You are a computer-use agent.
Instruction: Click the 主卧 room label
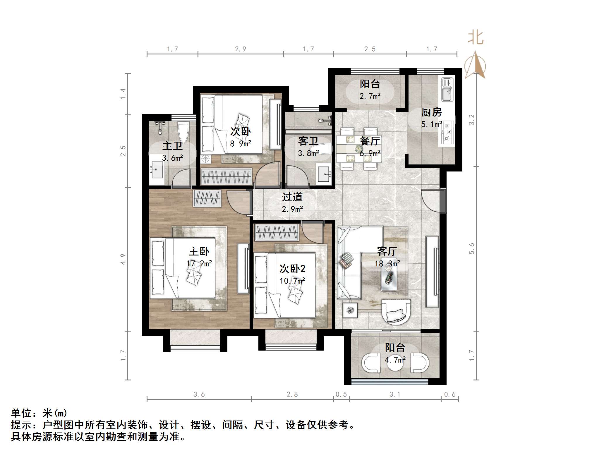[199, 251]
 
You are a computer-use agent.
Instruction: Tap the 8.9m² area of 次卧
[240, 144]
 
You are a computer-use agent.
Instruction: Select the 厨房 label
[431, 112]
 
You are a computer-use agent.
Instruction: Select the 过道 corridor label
[292, 197]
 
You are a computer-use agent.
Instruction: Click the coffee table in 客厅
[389, 274]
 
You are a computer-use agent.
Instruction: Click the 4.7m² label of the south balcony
[395, 360]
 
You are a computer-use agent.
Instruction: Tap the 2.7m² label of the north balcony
[370, 96]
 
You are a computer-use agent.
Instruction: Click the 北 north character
[475, 38]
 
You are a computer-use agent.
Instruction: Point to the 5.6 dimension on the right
[471, 248]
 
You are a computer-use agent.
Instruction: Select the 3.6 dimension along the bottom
[199, 394]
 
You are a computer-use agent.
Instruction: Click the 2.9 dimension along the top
[240, 49]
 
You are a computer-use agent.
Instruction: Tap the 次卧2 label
[292, 268]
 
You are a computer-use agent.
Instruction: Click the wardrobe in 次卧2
[277, 233]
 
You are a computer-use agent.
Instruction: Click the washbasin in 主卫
[156, 170]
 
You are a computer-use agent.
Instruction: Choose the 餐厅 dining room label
[370, 141]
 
